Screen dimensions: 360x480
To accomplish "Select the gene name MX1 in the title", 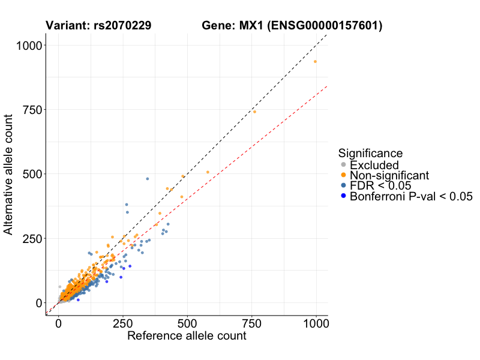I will pyautogui.click(x=253, y=26).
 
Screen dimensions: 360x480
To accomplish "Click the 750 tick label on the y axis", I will pyautogui.click(x=31, y=110).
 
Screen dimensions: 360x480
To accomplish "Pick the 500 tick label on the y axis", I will pyautogui.click(x=31, y=174).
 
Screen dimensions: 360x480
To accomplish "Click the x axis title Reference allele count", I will pyautogui.click(x=187, y=336).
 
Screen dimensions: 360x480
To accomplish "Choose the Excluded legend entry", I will pyautogui.click(x=374, y=165).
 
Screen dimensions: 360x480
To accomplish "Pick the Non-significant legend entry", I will pyautogui.click(x=389, y=175).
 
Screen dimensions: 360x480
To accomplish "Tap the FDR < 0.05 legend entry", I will pyautogui.click(x=383, y=185).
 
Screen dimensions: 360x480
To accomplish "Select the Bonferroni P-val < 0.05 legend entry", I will pyautogui.click(x=412, y=196).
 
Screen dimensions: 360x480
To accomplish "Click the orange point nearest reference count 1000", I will pyautogui.click(x=315, y=62).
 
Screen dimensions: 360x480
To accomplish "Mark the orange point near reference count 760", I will pyautogui.click(x=254, y=112).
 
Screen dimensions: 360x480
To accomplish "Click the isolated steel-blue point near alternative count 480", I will pyautogui.click(x=148, y=179).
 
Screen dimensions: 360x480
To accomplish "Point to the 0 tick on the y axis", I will pyautogui.click(x=38, y=303).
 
